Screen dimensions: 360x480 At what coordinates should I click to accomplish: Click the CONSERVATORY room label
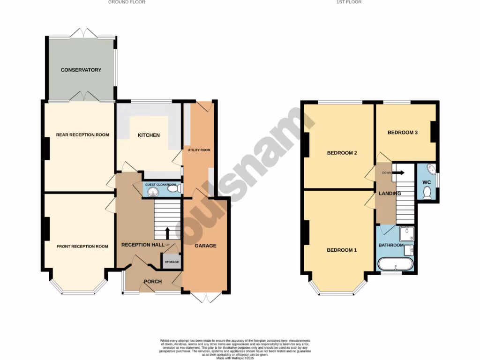click(x=81, y=70)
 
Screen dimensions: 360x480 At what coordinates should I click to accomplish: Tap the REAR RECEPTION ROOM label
click(x=82, y=135)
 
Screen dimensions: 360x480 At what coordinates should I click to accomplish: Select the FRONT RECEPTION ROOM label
click(x=82, y=247)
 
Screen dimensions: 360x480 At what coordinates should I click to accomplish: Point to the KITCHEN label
click(x=149, y=135)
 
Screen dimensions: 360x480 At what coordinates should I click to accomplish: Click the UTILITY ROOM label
click(x=199, y=150)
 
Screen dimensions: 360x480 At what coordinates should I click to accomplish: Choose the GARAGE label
click(x=205, y=246)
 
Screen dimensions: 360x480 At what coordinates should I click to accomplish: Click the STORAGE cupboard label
click(x=172, y=262)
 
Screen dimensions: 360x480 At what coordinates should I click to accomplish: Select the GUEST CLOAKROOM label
click(x=161, y=185)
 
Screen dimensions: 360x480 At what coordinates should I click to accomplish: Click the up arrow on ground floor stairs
click(x=167, y=232)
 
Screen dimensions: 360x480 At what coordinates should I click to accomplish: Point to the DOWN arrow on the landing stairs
click(x=397, y=172)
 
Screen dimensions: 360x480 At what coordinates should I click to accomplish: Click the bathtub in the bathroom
click(x=396, y=264)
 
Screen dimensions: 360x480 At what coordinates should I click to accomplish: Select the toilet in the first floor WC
click(x=427, y=193)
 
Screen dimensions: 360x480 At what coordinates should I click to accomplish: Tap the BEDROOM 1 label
click(x=342, y=250)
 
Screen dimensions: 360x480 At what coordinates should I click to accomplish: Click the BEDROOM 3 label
click(x=402, y=133)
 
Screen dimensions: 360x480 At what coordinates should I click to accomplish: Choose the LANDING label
click(x=390, y=193)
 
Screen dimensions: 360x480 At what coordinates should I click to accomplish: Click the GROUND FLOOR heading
click(x=127, y=2)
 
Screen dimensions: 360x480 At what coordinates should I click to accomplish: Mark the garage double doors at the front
click(x=206, y=297)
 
